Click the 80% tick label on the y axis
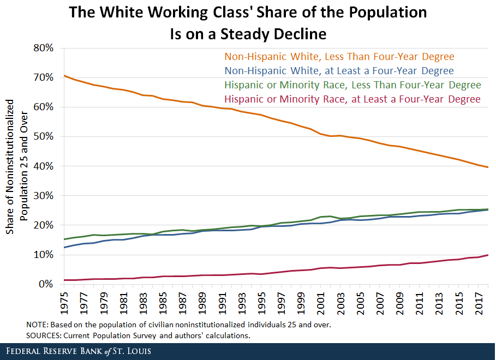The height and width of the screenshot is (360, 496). [42, 48]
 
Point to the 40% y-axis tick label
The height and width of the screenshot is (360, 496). [42, 166]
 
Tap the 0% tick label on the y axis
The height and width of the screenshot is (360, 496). [45, 284]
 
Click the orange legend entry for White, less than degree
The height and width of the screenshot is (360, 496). [339, 57]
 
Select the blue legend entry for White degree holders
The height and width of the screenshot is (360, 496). [339, 71]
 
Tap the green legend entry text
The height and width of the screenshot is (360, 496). [352, 85]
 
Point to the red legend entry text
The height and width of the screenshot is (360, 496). [352, 99]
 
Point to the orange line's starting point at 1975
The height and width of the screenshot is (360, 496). [64, 75]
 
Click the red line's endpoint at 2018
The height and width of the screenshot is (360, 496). [488, 255]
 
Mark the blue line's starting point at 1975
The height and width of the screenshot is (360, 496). [64, 248]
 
